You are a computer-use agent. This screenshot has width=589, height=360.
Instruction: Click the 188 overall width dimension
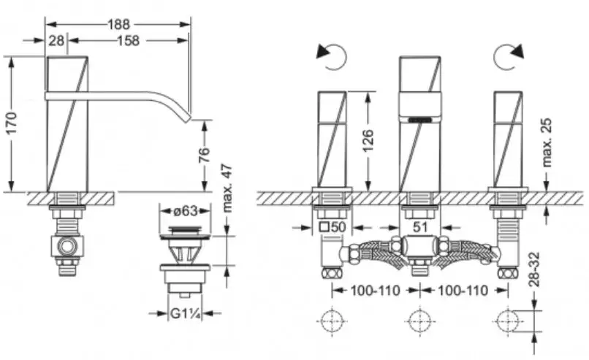click(118, 24)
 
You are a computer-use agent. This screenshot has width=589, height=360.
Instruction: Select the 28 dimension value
click(56, 41)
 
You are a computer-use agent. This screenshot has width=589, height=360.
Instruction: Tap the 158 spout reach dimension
click(129, 41)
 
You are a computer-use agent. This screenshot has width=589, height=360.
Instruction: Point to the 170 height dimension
click(12, 123)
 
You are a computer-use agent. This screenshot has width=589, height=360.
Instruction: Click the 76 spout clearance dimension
click(204, 155)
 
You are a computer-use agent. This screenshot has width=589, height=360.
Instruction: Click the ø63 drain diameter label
click(186, 211)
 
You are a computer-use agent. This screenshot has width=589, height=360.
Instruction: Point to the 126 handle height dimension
click(368, 140)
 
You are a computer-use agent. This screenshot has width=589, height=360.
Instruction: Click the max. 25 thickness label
click(547, 142)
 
